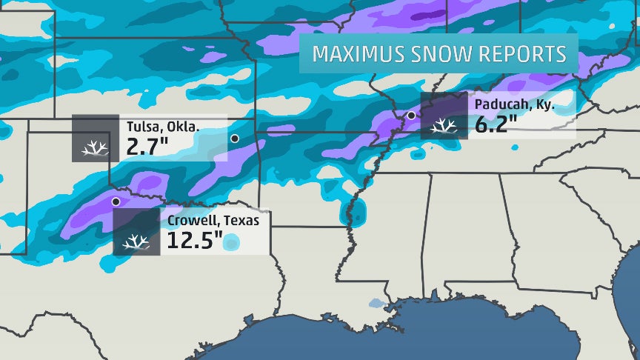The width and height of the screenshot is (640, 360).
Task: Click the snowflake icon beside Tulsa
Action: [95, 148]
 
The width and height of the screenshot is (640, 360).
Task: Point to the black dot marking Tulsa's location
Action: [235, 139]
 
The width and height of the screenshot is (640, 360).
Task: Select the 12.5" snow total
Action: [194, 241]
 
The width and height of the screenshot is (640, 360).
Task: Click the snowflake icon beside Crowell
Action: [136, 242]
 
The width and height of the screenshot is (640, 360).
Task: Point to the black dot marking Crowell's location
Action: [115, 201]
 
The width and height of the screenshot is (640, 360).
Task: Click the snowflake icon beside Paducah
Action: [443, 127]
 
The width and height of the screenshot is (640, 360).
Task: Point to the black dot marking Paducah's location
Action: [411, 116]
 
